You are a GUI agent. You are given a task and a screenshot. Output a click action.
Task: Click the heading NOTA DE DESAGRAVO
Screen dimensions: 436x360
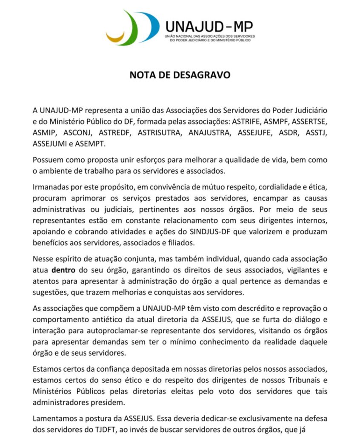(x=180, y=75)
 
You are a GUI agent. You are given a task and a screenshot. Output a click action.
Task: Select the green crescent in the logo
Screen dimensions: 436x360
(x=130, y=30)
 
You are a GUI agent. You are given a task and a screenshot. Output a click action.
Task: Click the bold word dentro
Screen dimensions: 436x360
(x=64, y=270)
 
